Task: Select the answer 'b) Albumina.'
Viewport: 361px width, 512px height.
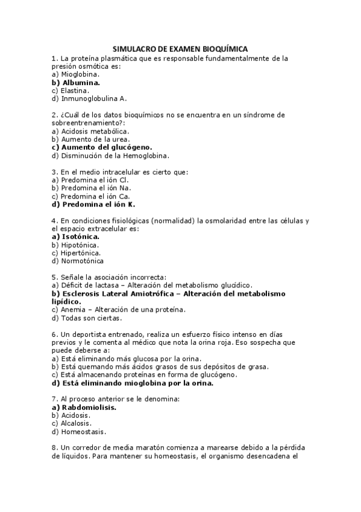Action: [x=76, y=82]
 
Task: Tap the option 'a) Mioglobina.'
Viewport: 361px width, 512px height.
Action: [x=76, y=74]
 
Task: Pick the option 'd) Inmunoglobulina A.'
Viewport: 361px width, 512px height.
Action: [x=89, y=98]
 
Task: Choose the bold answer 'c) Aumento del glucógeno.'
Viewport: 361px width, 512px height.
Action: [x=102, y=147]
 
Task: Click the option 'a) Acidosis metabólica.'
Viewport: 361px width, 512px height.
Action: [x=90, y=130]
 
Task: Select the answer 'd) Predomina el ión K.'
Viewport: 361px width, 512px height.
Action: [x=93, y=204]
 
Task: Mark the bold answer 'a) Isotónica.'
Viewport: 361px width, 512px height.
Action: [x=76, y=237]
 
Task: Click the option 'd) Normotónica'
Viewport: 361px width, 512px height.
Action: [x=78, y=261]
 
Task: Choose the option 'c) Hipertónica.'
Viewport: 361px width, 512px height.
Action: [x=76, y=253]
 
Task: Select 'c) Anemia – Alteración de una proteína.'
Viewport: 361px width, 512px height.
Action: [x=119, y=310]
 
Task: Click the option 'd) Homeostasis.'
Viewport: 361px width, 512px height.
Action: [x=79, y=432]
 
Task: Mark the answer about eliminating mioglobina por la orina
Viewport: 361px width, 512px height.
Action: [x=133, y=383]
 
